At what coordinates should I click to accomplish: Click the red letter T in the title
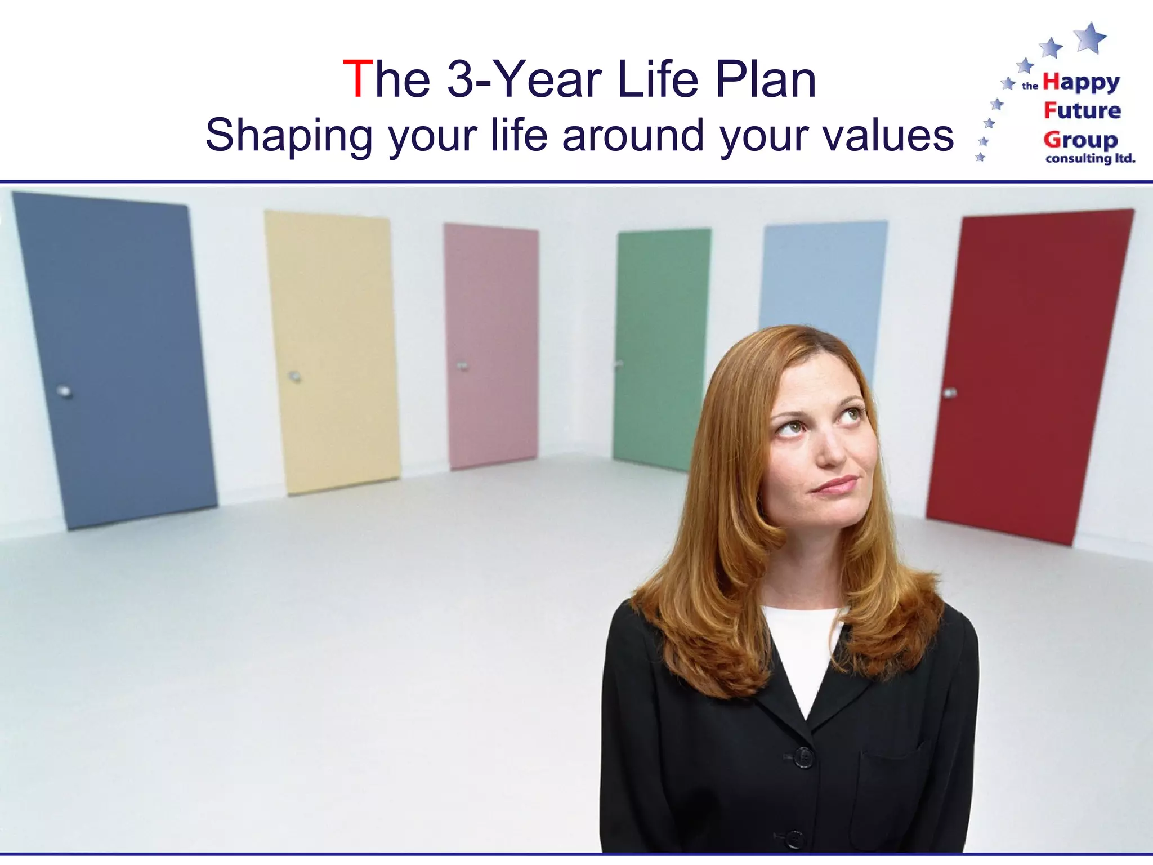click(357, 79)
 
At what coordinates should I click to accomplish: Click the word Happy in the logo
click(1081, 83)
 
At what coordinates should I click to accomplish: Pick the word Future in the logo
click(1082, 110)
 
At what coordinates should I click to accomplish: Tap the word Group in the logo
click(1080, 139)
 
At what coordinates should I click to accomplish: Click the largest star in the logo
click(1091, 38)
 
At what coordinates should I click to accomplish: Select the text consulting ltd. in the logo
click(1090, 159)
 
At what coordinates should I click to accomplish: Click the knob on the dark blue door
click(65, 391)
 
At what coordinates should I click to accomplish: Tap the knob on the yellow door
click(294, 376)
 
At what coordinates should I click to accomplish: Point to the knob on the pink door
click(462, 366)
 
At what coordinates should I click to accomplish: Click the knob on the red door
click(950, 393)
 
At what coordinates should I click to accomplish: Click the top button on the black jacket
click(803, 757)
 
